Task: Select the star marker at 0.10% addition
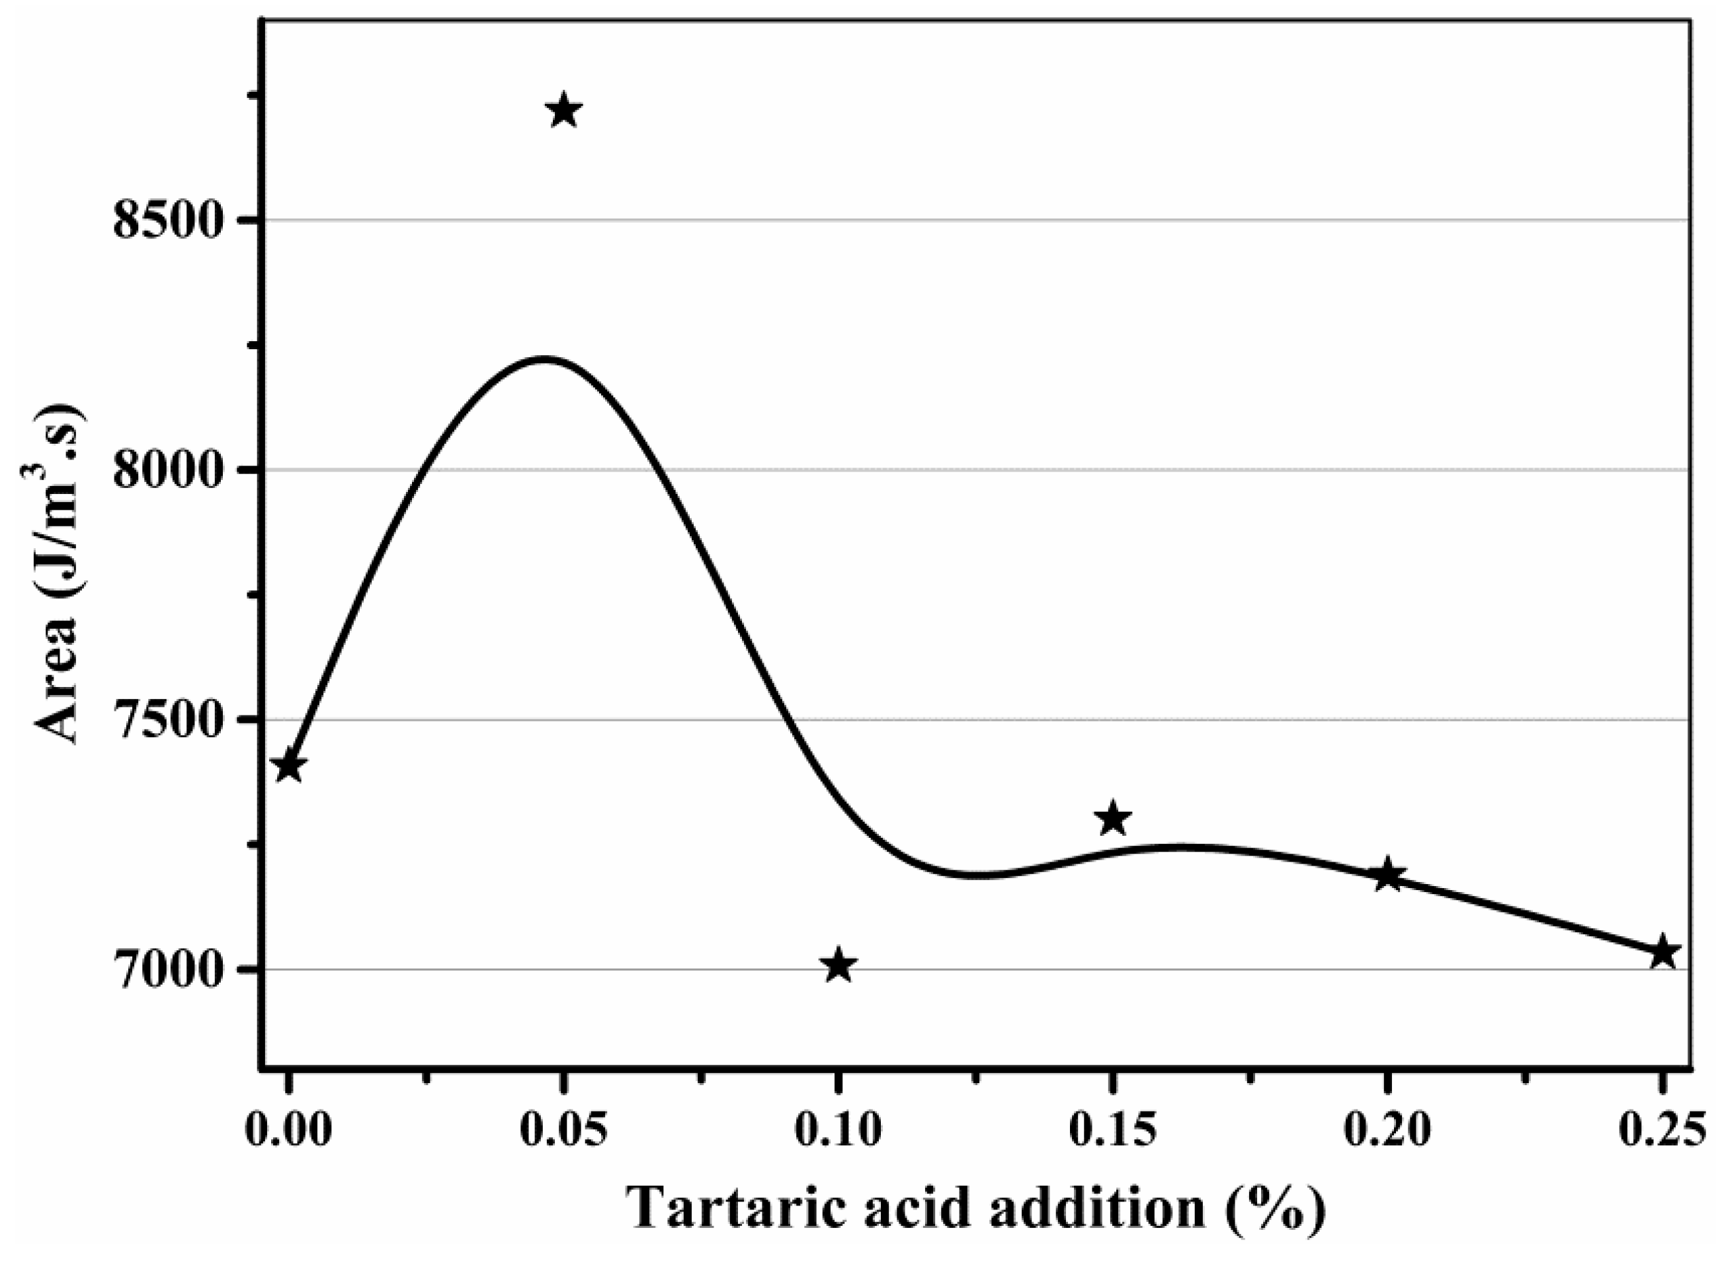pyautogui.click(x=839, y=965)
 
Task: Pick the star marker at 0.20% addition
pyautogui.click(x=1388, y=875)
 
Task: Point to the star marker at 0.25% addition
pyautogui.click(x=1662, y=953)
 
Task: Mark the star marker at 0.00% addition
pyautogui.click(x=288, y=766)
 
